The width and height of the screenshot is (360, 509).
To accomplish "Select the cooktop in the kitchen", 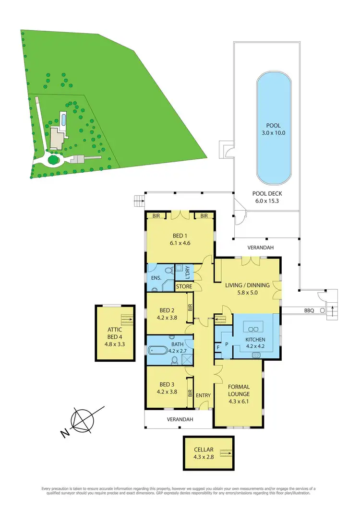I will click(256, 355).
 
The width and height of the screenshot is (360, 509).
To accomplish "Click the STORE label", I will click(184, 287).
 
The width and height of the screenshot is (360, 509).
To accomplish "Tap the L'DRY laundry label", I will click(184, 272).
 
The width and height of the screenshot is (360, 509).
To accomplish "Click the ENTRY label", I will click(204, 395).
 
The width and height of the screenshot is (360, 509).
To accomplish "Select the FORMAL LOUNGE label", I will click(239, 391).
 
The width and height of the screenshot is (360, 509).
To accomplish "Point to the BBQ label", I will click(309, 310).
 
